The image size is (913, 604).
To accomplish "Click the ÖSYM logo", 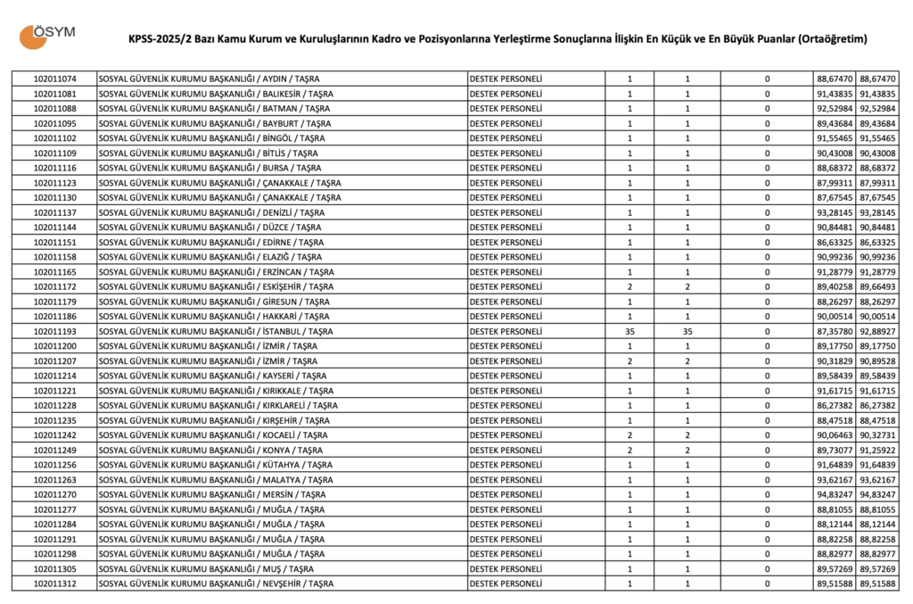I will [47, 35].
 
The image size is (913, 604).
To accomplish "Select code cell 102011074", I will [55, 79].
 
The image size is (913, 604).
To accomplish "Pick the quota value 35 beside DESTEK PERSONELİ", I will [630, 331].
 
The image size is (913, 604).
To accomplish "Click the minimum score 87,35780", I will [835, 331].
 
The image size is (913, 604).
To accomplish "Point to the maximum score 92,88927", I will [878, 331].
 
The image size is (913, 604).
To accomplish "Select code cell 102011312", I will [55, 583].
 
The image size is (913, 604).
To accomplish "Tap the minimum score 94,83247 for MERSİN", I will [835, 494].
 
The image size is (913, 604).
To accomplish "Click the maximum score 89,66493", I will [878, 286].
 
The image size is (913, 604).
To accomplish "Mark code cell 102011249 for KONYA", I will [55, 450].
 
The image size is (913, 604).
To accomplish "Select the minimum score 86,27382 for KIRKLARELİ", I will [835, 405].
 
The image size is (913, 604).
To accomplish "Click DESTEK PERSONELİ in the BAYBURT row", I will [506, 123].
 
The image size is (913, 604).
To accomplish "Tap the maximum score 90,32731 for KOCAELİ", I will [878, 435].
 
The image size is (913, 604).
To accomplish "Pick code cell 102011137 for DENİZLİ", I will [55, 212].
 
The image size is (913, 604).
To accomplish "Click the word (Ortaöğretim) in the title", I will [833, 39].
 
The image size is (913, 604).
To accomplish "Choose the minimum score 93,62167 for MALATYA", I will [835, 479].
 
